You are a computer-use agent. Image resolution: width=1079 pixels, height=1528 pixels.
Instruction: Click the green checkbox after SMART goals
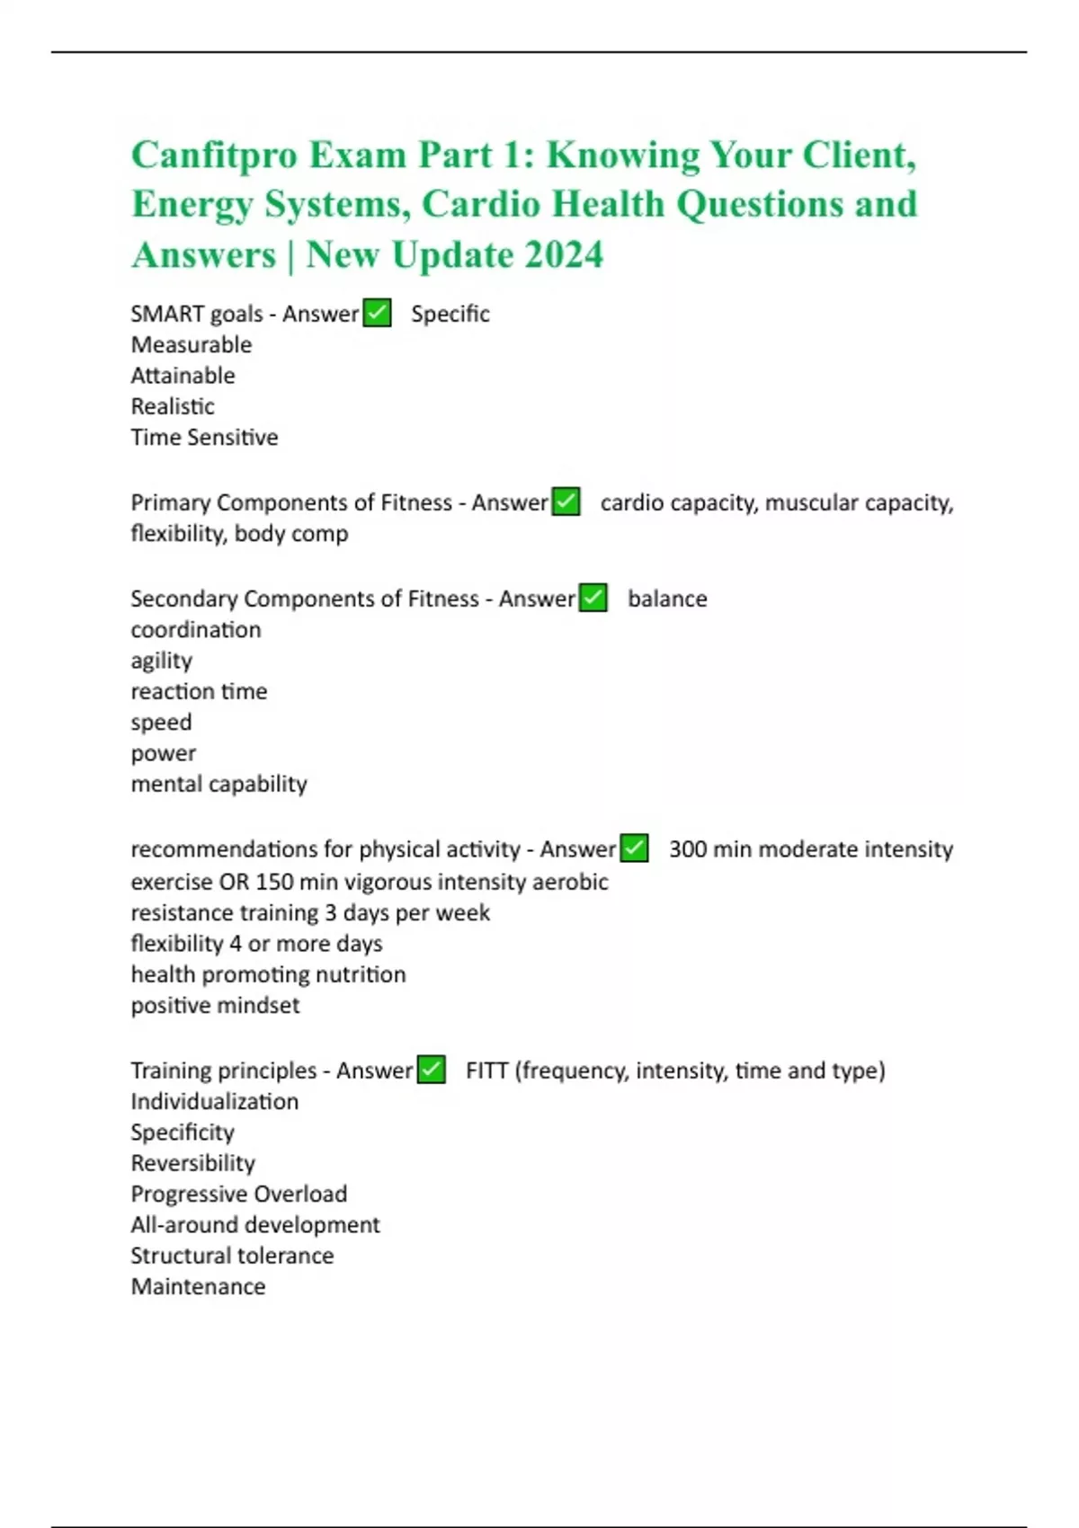[378, 314]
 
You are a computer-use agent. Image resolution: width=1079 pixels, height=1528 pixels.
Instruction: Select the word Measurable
[192, 345]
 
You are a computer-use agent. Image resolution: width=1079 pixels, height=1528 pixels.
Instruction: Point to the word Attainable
[183, 376]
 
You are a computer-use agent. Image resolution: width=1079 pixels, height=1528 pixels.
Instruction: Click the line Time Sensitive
[205, 438]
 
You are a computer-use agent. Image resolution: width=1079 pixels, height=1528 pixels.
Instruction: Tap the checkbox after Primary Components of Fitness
[566, 502]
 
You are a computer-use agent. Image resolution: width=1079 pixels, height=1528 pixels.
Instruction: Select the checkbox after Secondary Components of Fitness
[593, 599]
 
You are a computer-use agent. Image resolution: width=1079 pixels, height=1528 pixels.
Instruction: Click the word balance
[667, 600]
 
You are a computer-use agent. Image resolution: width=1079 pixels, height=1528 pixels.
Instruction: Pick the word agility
[162, 662]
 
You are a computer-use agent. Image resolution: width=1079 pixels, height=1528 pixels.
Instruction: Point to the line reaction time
[200, 692]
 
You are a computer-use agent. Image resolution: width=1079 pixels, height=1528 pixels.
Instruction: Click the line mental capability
[219, 785]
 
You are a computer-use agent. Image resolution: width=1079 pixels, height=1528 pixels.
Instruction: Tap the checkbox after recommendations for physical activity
[635, 849]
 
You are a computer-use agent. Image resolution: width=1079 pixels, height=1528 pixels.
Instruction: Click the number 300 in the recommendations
[688, 849]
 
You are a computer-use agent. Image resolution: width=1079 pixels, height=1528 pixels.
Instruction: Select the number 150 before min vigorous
[274, 883]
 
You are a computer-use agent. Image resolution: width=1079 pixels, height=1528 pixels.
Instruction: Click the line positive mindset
[216, 1006]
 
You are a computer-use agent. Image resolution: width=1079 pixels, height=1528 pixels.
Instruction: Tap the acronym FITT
[487, 1071]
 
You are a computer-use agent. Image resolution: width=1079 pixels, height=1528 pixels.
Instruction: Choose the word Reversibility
[193, 1164]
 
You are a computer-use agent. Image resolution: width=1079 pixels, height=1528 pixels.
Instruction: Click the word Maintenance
[199, 1287]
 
